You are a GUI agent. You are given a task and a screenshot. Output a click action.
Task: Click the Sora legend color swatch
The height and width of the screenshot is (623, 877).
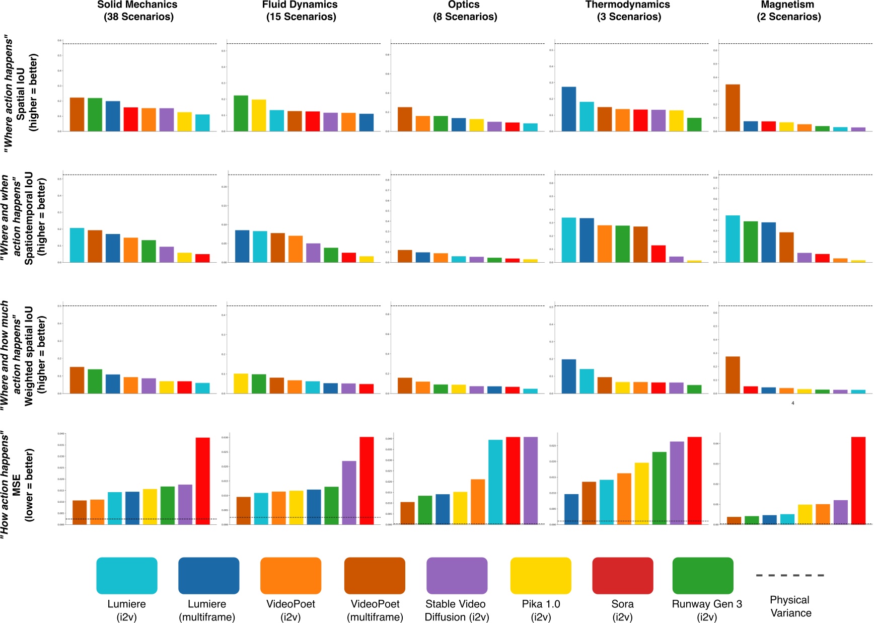(x=622, y=575)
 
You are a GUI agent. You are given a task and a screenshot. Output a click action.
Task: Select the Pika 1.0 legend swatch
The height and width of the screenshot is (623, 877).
(x=541, y=575)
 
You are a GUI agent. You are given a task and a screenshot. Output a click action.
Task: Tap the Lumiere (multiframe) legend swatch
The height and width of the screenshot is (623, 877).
(x=208, y=575)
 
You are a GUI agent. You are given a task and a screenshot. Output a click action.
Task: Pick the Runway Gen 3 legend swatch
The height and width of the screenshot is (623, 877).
(x=703, y=575)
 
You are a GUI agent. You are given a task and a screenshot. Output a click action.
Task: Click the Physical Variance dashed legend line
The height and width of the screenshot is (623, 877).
(x=790, y=575)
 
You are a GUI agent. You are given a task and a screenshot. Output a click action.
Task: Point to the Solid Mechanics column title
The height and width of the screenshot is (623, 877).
(x=137, y=11)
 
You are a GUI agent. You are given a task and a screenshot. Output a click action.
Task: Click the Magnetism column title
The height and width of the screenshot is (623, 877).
(x=788, y=11)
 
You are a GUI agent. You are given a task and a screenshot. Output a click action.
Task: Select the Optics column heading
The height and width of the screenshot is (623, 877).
(x=464, y=11)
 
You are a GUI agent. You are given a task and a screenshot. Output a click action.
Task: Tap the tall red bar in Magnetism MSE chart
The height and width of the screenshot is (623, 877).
(x=858, y=481)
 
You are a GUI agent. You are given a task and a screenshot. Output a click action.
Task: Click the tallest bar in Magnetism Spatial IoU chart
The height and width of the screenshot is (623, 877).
(x=733, y=108)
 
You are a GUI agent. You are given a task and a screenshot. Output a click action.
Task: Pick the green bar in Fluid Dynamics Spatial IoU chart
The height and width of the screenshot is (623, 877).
(x=241, y=113)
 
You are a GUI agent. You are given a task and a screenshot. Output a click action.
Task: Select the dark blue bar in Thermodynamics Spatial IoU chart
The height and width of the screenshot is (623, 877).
(x=569, y=109)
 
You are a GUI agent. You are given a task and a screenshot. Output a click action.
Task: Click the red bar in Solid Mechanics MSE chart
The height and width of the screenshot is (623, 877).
(x=202, y=481)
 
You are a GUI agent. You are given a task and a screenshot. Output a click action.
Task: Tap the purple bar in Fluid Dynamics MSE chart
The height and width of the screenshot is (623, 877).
(x=349, y=493)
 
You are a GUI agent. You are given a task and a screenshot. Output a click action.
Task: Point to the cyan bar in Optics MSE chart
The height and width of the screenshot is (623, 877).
(x=495, y=482)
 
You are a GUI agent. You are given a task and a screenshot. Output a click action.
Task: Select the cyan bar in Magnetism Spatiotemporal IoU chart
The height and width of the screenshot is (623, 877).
(x=733, y=239)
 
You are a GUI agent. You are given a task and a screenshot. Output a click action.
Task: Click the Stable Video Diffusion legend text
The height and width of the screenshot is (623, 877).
(x=457, y=610)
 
